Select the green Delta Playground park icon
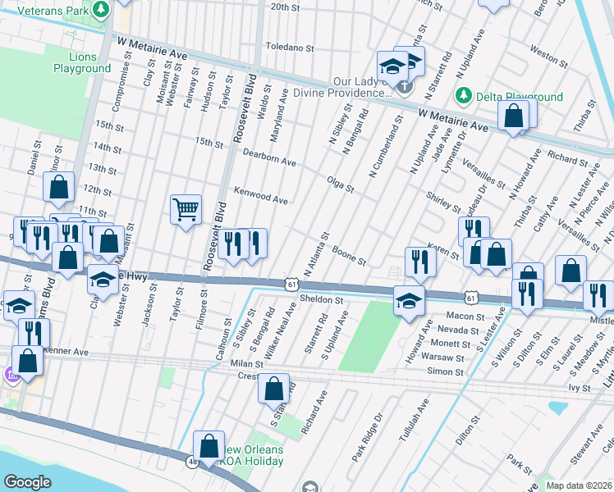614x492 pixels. [x=464, y=96]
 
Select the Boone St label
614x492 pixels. [x=350, y=257]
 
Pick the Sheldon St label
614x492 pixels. [x=321, y=300]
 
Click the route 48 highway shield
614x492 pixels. [x=192, y=462]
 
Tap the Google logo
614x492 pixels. [x=28, y=482]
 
